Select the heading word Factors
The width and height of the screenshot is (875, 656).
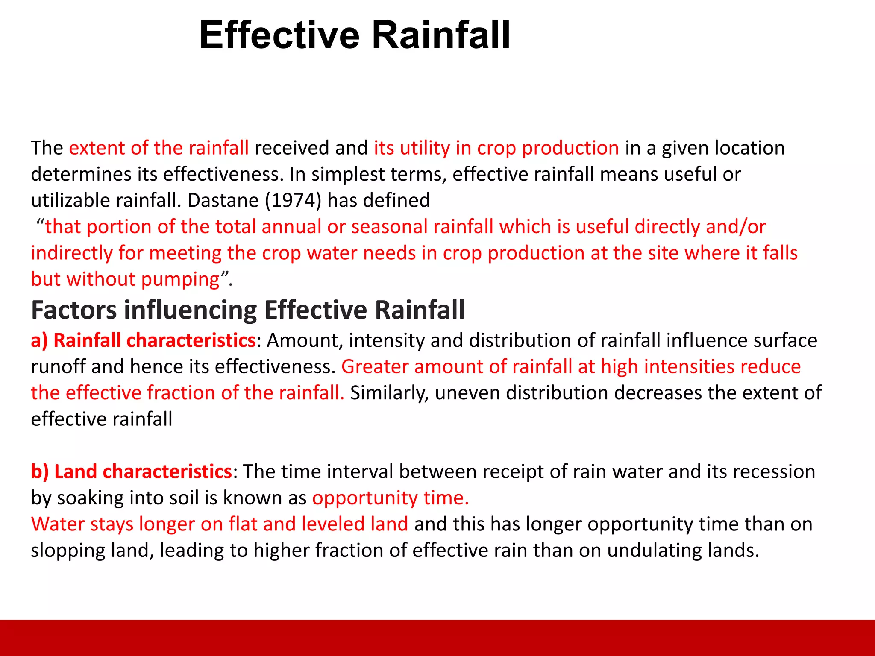[74, 310]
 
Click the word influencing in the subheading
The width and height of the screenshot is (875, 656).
[190, 310]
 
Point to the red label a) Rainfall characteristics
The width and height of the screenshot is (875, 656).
[143, 341]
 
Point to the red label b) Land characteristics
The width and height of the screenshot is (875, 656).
[131, 472]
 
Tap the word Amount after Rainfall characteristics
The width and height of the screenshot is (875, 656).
[305, 341]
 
